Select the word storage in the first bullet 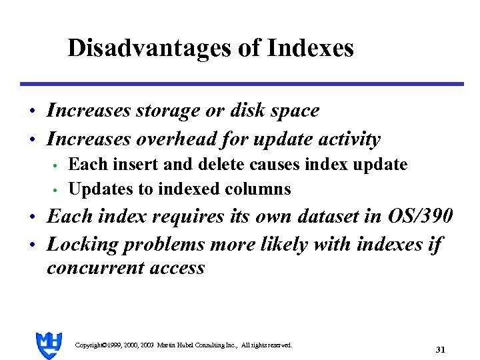tap(165, 111)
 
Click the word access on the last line tap(180, 268)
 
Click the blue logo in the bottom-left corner tap(49, 344)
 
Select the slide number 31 tap(440, 349)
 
